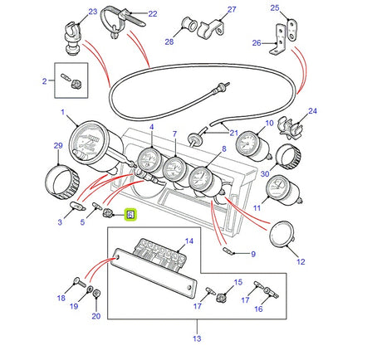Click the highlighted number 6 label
coord(130,214)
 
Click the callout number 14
coord(188,241)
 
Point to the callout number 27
coord(209,9)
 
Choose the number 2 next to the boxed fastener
coord(43,81)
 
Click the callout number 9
coord(252,254)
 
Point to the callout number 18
coord(60,297)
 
